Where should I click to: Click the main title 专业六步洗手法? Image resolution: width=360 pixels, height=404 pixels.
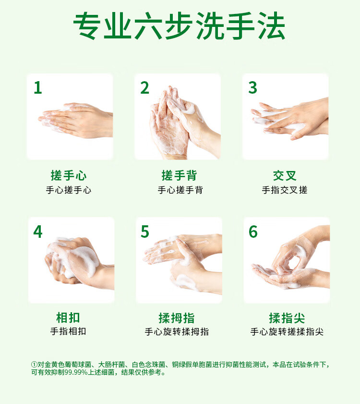(180, 26)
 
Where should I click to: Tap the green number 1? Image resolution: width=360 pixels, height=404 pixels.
(38, 87)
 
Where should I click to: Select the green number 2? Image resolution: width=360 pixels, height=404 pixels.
(145, 87)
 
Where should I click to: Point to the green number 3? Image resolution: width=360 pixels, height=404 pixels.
(252, 87)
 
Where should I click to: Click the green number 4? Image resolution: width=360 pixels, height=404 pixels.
(38, 232)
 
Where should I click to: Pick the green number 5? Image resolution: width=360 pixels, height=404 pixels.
(145, 232)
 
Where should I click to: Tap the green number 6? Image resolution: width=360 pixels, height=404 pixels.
(253, 232)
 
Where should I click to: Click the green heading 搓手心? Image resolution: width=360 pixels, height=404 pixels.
(69, 175)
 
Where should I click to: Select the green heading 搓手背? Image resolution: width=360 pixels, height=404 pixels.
(179, 175)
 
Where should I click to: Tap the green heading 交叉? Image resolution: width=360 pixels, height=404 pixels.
(285, 176)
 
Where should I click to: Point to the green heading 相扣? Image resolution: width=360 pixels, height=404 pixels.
(68, 318)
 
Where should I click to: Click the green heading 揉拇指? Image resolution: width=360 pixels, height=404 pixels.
(177, 318)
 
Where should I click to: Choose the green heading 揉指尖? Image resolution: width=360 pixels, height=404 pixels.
(287, 318)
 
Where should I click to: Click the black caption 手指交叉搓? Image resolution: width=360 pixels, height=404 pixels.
(285, 190)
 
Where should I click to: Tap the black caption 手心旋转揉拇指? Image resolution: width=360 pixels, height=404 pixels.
(177, 331)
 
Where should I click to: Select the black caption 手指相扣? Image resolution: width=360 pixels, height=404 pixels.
(68, 331)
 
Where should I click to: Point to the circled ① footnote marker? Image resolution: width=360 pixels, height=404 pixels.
(34, 365)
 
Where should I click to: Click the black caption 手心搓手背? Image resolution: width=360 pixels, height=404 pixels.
(180, 190)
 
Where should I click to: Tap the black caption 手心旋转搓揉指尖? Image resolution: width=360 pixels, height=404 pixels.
(287, 331)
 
